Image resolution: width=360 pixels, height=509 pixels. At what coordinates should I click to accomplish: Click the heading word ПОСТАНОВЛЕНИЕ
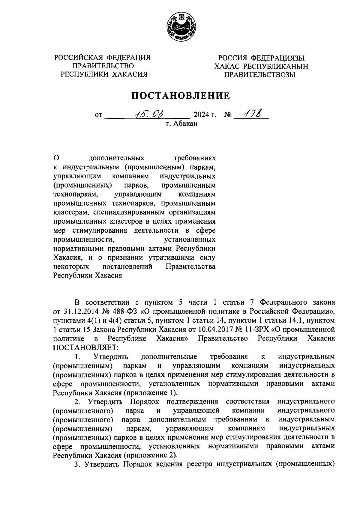point(181,96)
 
